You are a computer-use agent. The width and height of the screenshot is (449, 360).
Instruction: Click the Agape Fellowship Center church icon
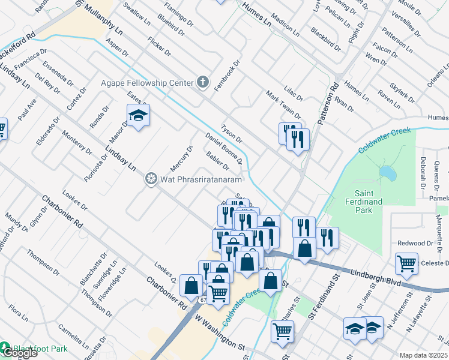click(x=203, y=82)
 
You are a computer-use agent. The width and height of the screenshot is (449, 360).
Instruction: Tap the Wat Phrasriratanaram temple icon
click(x=151, y=179)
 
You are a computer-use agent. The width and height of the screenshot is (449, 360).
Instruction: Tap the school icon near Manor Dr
click(x=138, y=115)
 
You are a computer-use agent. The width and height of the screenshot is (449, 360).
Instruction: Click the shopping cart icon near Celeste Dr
click(x=406, y=263)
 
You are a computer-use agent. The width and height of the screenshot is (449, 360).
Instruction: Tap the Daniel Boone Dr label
click(x=223, y=148)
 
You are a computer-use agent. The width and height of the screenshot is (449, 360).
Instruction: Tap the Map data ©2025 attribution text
click(x=423, y=355)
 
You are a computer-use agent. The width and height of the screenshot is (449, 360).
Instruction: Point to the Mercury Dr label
click(x=186, y=157)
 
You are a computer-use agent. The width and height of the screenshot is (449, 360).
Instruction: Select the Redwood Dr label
click(x=415, y=243)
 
